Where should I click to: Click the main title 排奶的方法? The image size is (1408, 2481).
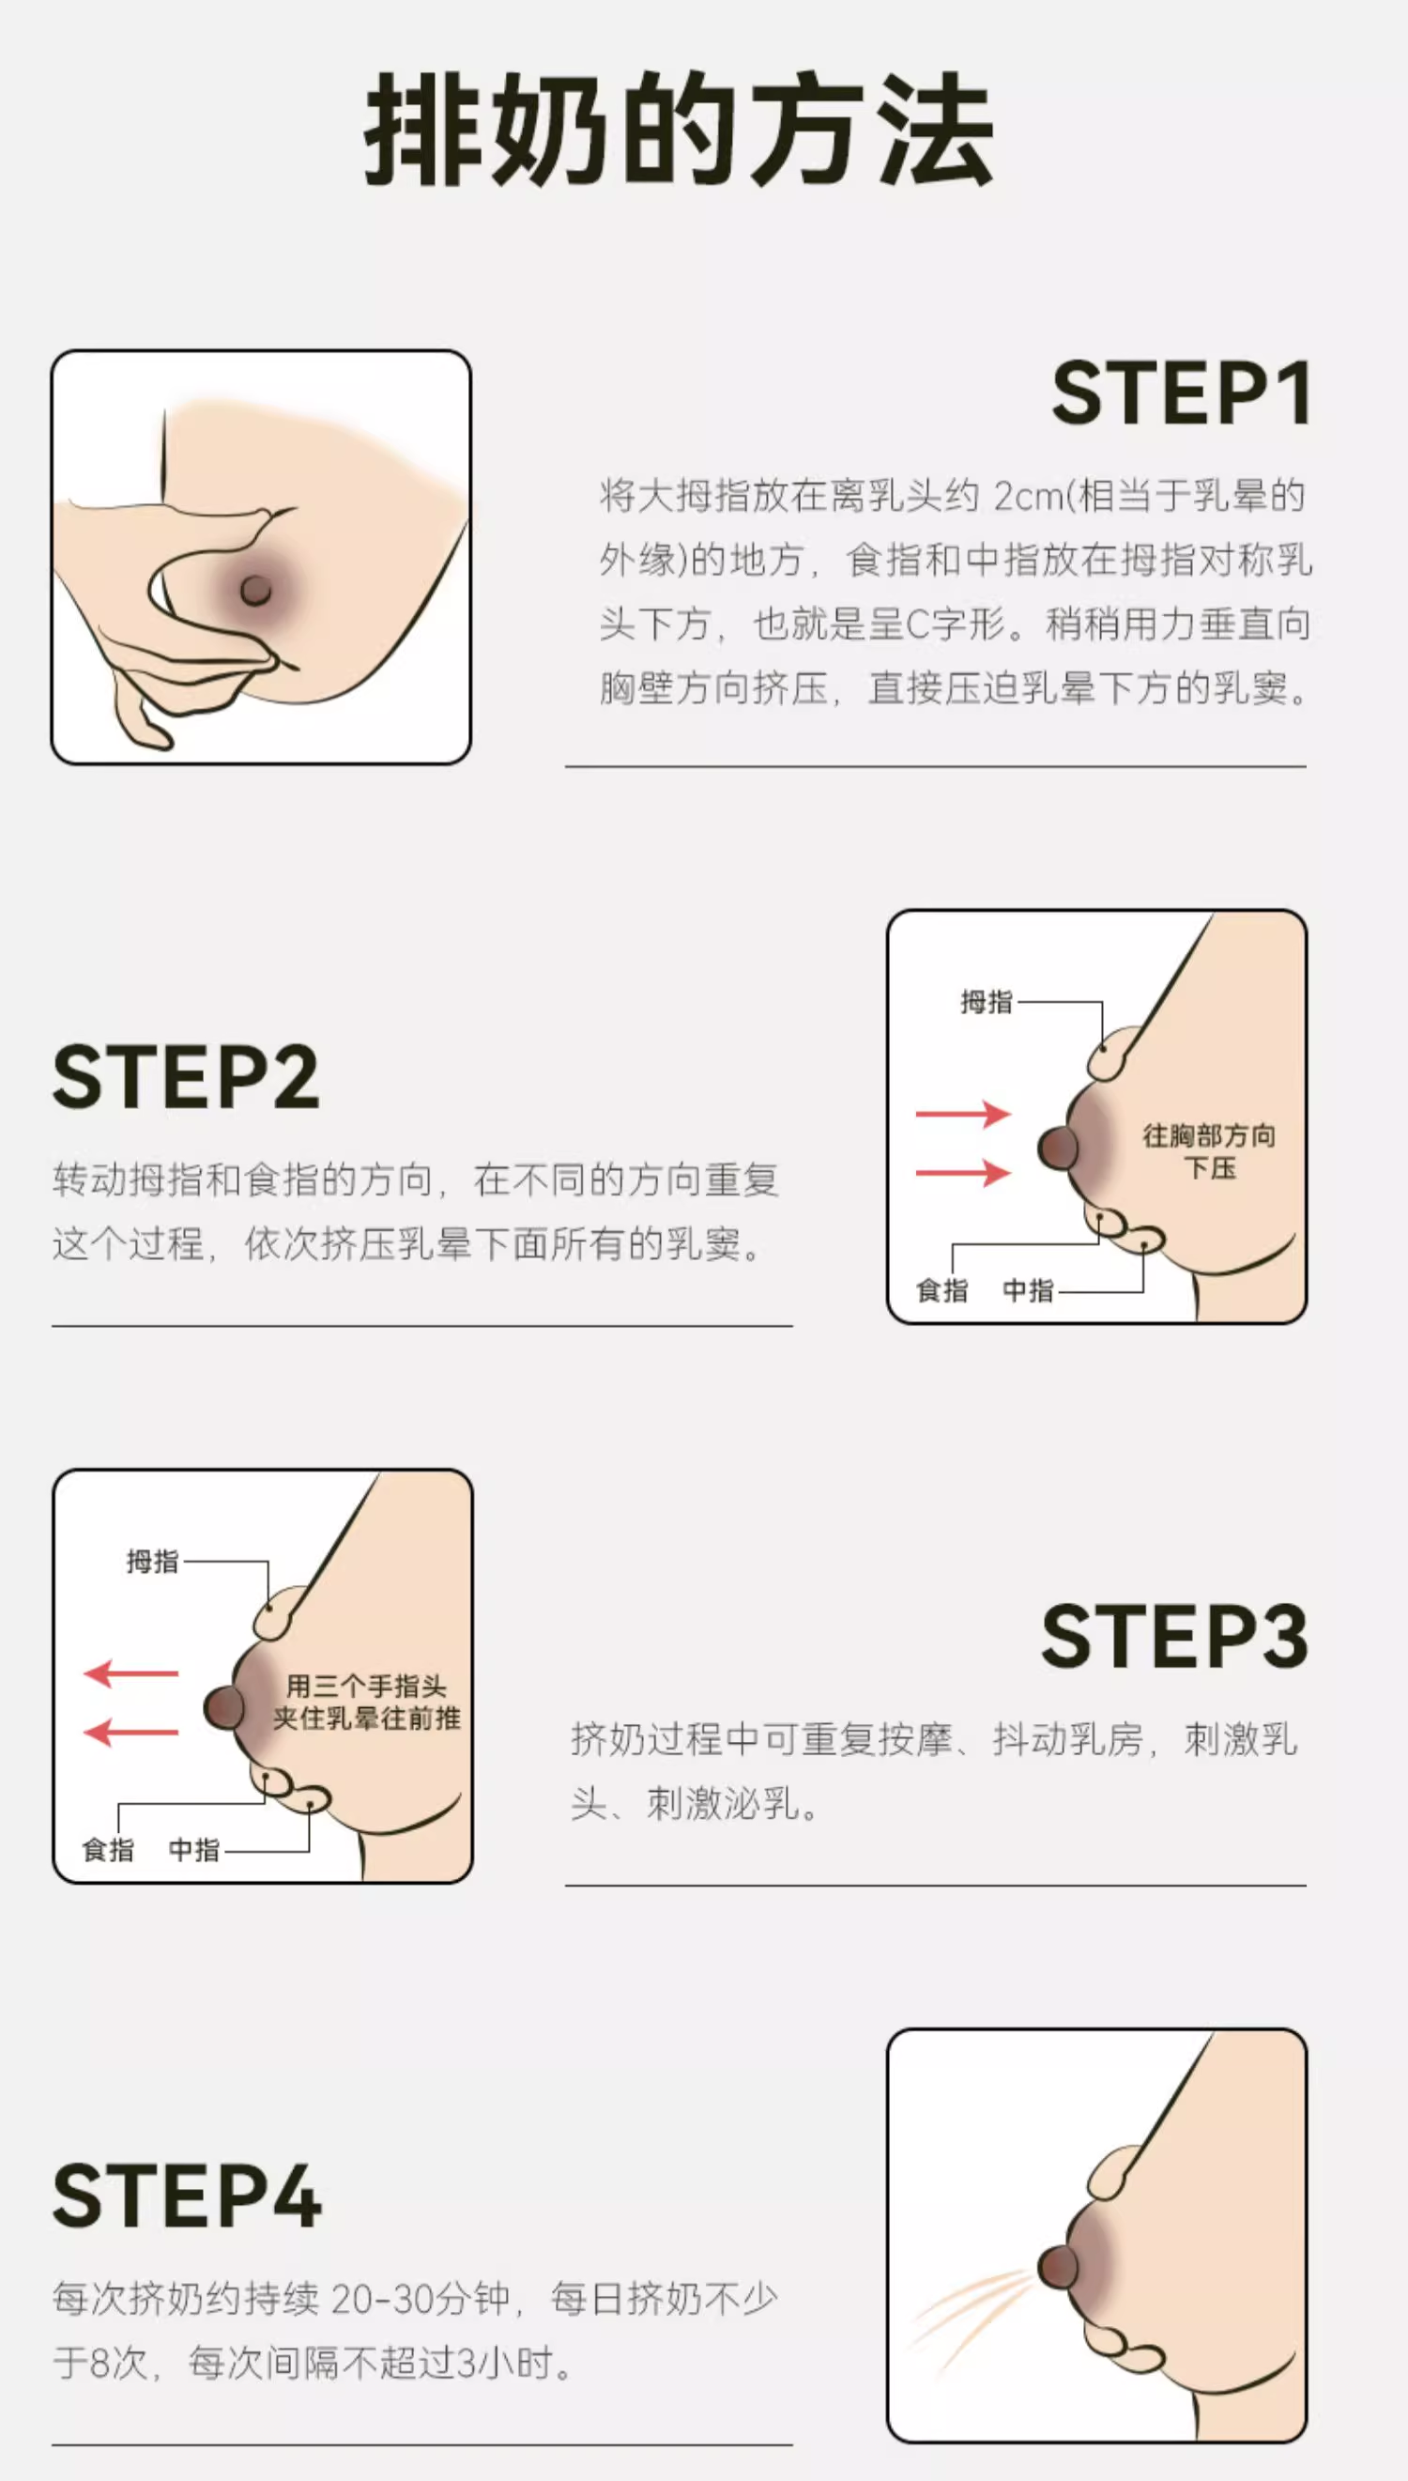(x=679, y=130)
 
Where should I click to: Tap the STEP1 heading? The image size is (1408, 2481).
(x=1181, y=393)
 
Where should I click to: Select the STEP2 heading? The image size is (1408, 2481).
(x=186, y=1077)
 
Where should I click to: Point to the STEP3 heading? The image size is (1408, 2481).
(x=1175, y=1636)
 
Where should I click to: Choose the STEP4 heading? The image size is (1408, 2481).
(x=187, y=2196)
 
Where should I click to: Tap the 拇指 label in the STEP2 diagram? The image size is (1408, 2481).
(x=987, y=1002)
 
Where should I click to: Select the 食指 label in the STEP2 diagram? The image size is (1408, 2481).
(x=941, y=1290)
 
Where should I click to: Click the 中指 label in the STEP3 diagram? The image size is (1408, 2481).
(x=194, y=1849)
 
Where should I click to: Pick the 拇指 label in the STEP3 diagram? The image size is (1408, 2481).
(x=153, y=1561)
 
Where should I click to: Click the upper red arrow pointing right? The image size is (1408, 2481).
(x=963, y=1115)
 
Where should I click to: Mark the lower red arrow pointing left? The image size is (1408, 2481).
(x=131, y=1732)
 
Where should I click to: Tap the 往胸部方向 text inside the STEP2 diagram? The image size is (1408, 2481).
(x=1209, y=1135)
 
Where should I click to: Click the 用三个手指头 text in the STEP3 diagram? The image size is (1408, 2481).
(x=366, y=1687)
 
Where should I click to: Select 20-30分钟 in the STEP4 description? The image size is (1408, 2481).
(x=421, y=2298)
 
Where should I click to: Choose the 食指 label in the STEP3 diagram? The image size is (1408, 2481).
(x=108, y=1849)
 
